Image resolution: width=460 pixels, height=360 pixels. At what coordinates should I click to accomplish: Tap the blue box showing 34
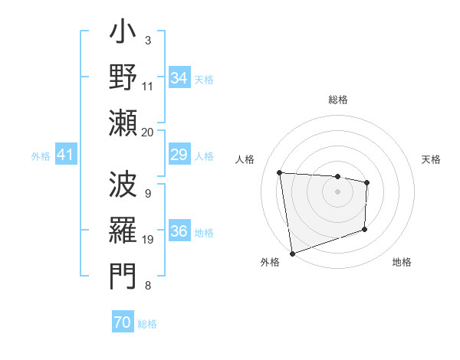pos(179,78)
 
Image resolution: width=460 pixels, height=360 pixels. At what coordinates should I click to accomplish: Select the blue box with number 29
pos(179,155)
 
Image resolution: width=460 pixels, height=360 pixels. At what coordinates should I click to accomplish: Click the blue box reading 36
pos(179,232)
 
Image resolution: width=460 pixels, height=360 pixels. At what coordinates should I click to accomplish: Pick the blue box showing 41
pos(66,155)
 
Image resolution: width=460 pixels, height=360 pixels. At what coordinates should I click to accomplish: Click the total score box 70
pos(122,322)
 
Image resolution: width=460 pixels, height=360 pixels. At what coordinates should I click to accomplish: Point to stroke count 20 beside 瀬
pos(148,132)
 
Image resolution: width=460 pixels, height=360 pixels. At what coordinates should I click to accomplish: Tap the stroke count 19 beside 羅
pos(148,240)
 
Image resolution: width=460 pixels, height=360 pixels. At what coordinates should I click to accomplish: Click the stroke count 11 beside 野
pos(148,86)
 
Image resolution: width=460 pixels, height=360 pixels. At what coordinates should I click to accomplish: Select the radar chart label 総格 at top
pos(337,100)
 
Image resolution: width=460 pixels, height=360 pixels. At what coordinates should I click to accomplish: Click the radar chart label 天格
pos(431,159)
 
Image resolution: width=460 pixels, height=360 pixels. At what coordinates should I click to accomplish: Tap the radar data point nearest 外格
pos(291,254)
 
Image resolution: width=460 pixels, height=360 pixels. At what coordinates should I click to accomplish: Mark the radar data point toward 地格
pos(364,229)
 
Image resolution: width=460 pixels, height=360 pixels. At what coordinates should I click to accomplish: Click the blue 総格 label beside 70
pos(147,324)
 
